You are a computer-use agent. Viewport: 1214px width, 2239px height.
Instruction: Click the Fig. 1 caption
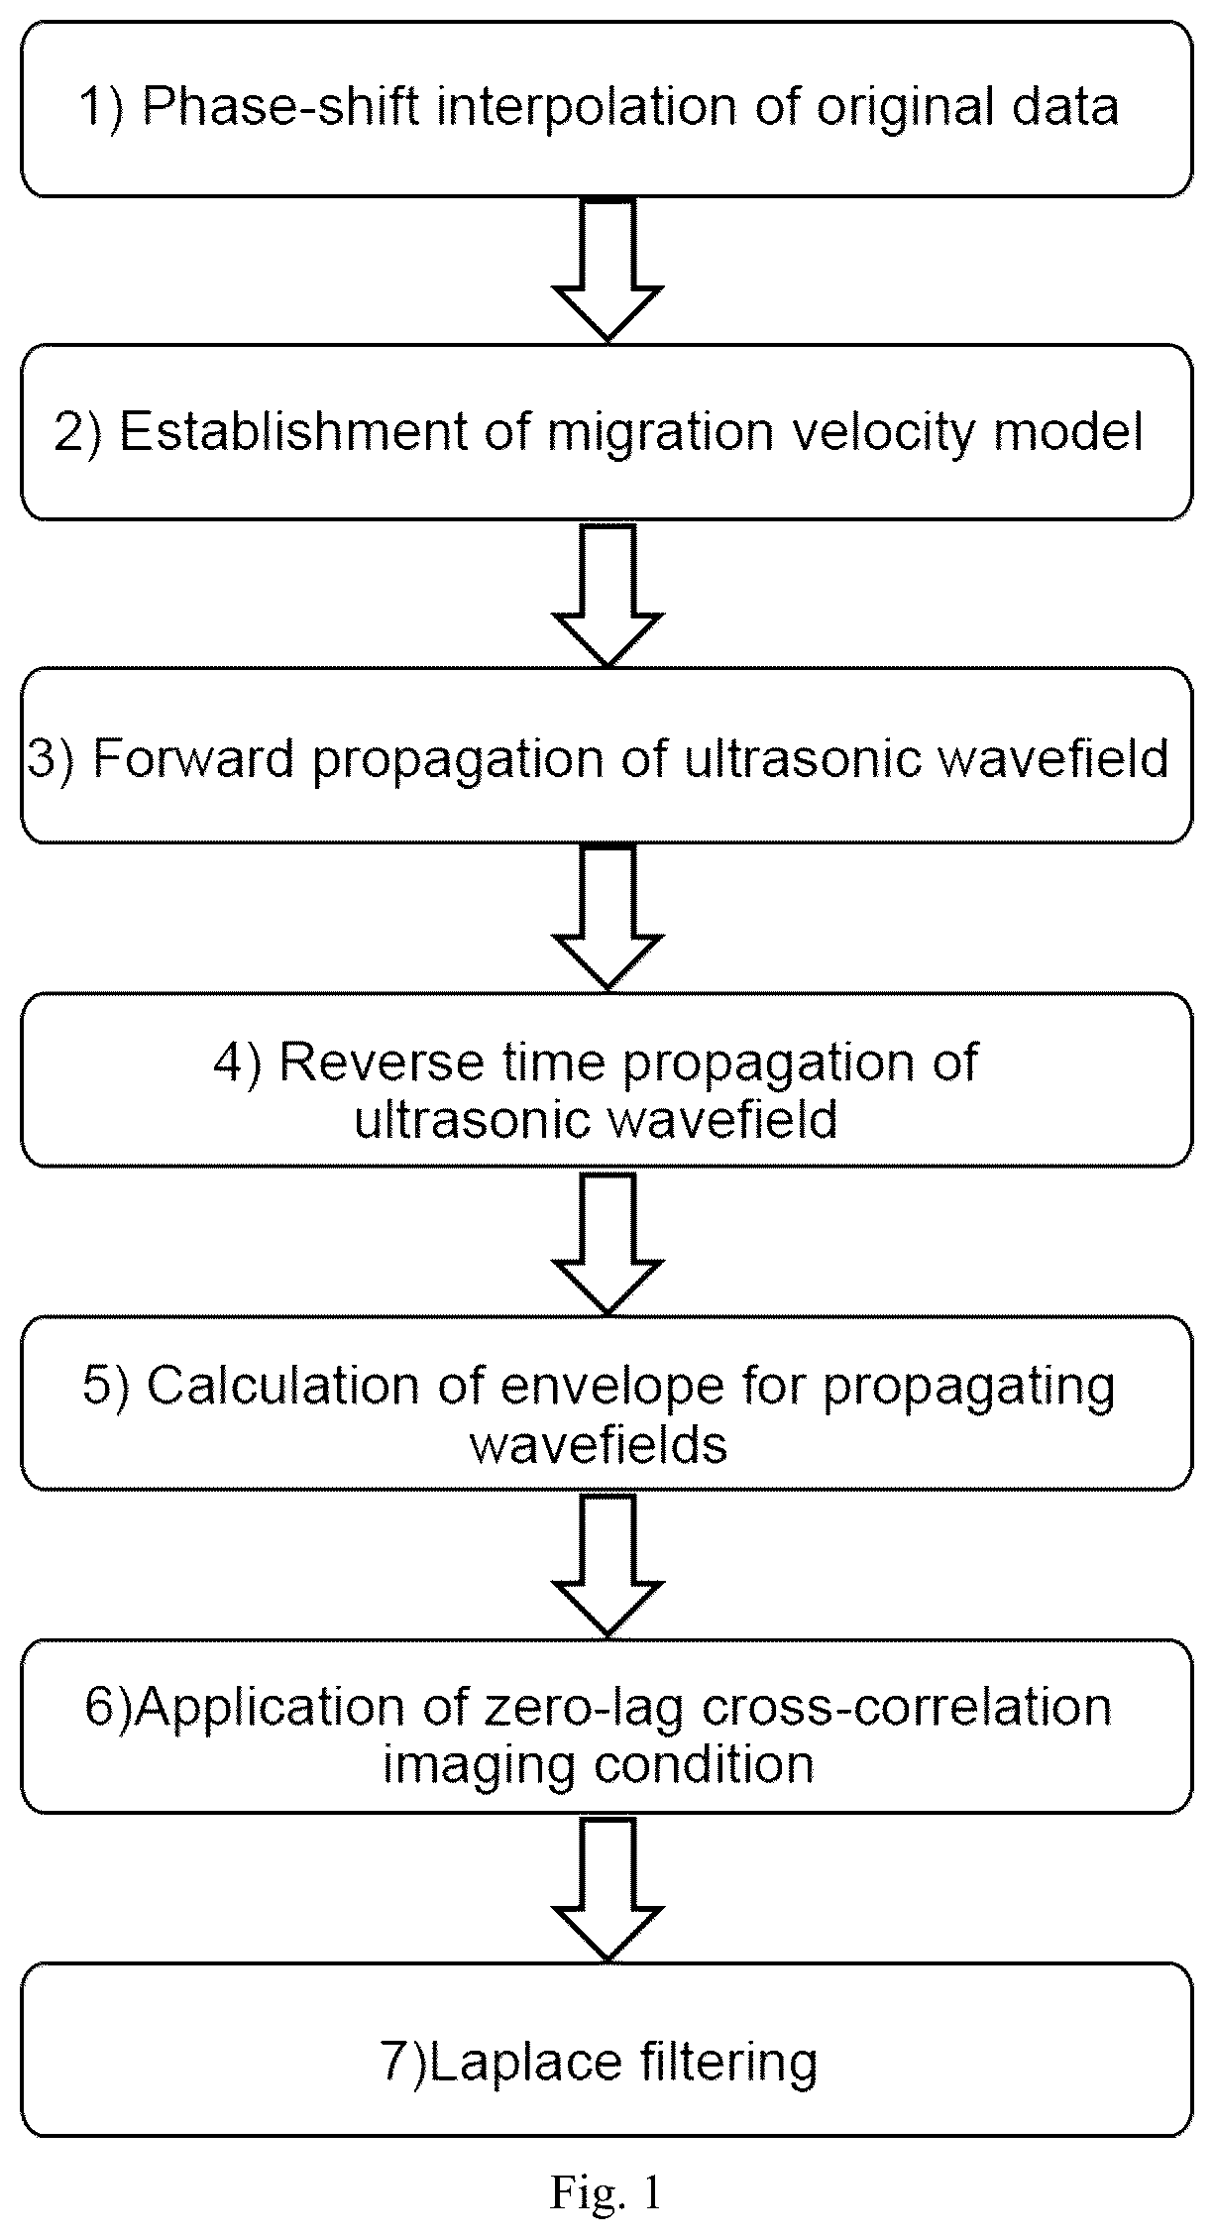coord(606,2192)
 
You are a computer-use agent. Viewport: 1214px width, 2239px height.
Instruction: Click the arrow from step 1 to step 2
coord(607,270)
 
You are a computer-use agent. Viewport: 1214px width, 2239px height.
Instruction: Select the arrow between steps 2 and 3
coord(607,595)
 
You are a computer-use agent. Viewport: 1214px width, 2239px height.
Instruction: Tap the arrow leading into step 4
coord(607,918)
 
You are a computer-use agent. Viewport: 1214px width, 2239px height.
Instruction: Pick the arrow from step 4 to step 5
coord(607,1243)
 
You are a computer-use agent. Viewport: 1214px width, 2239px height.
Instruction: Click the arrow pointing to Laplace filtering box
coord(607,1889)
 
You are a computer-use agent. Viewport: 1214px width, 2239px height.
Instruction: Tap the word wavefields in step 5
coord(599,1445)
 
